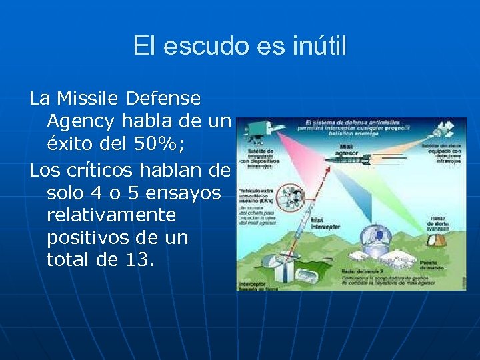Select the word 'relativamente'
click(x=112, y=215)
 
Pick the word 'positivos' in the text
click(x=89, y=237)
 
